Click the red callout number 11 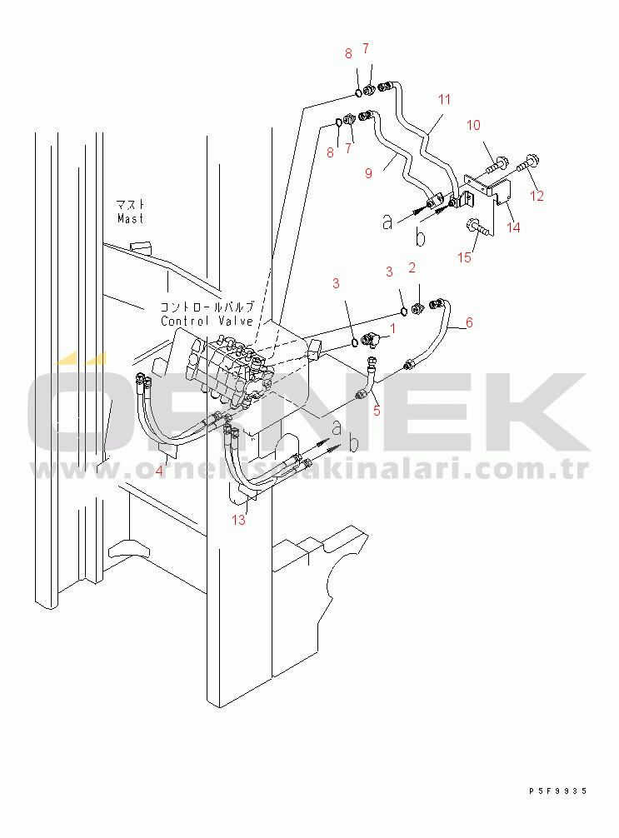tap(444, 99)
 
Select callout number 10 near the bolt tap(473, 126)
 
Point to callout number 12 tap(537, 196)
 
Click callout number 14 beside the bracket tap(513, 227)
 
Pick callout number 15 tap(465, 258)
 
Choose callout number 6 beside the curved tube tap(469, 322)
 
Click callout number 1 tap(393, 328)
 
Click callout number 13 tap(239, 520)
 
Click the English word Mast tap(130, 218)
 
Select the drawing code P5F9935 tap(557, 791)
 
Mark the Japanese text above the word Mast tap(131, 204)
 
